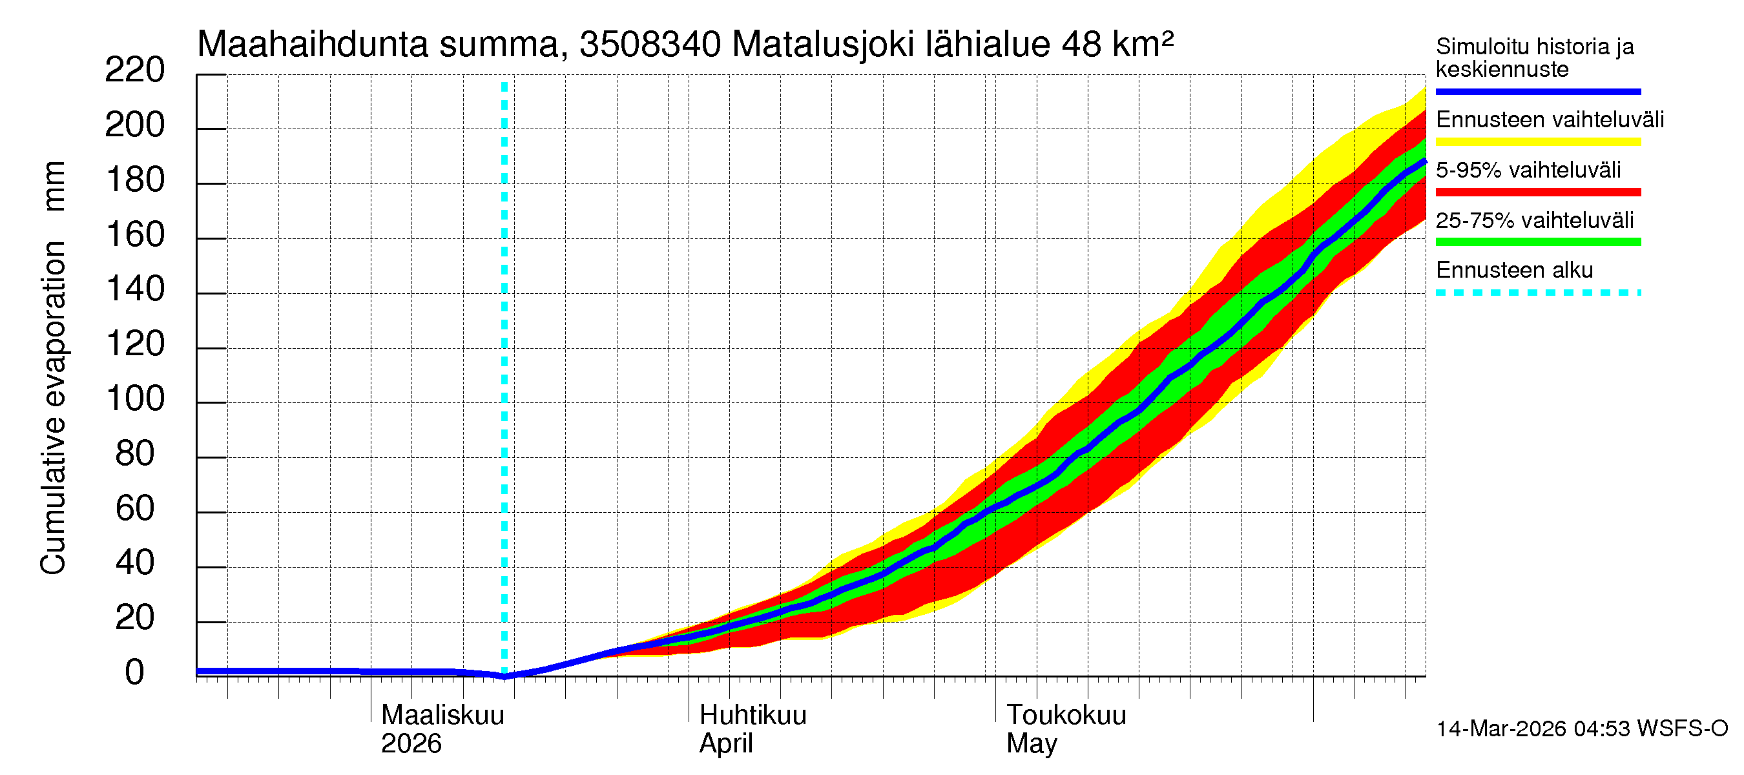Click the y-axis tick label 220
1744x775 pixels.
[x=134, y=70]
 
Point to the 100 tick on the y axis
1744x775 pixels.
[x=136, y=398]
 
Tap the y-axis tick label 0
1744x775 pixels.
[x=135, y=673]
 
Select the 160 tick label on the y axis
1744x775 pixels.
[x=136, y=235]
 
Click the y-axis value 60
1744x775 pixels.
[x=136, y=508]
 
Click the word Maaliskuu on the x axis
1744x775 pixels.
[x=442, y=716]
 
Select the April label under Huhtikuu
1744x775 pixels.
[x=726, y=744]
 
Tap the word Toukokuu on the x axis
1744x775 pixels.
[x=1066, y=716]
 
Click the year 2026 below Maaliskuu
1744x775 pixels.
[x=411, y=744]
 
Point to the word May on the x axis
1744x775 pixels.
[x=1031, y=744]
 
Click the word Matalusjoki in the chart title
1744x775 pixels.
[x=822, y=45]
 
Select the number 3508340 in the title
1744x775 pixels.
[x=650, y=45]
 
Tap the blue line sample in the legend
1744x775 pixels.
[x=1538, y=91]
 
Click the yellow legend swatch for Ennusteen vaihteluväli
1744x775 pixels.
[x=1538, y=142]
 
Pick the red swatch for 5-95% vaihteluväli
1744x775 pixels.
[x=1538, y=192]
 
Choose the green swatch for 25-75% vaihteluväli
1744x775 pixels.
[x=1538, y=242]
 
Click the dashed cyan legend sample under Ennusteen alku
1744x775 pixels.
[x=1538, y=293]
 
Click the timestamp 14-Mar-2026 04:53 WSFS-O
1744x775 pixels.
[x=1582, y=729]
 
